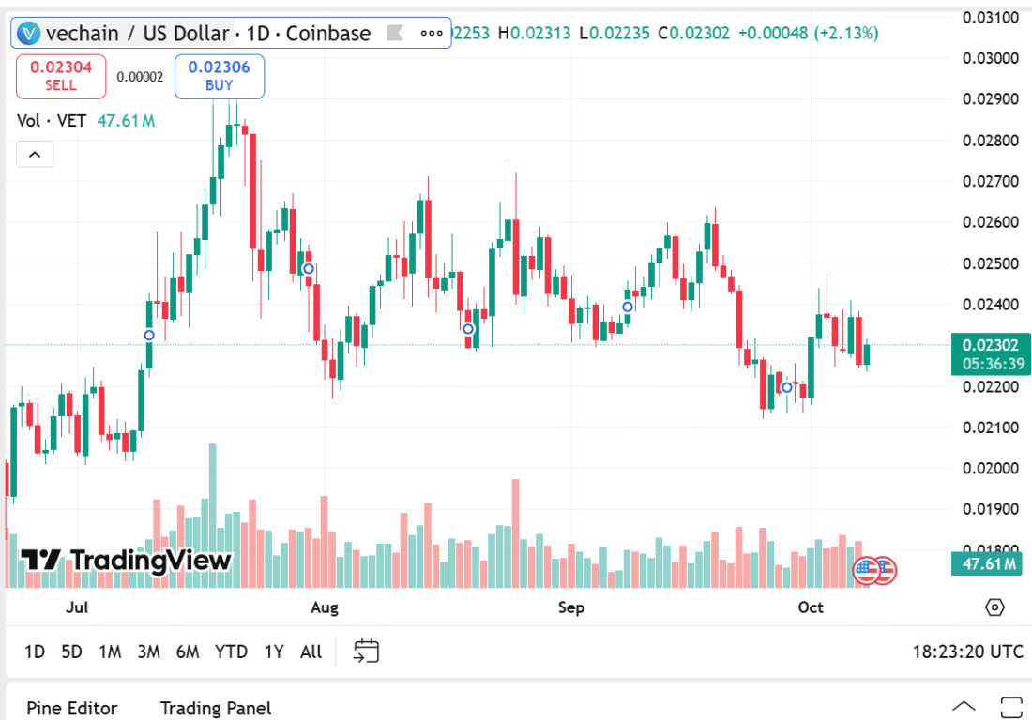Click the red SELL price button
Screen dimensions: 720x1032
[x=61, y=76]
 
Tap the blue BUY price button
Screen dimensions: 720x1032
[x=219, y=76]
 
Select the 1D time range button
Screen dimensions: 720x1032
[x=35, y=652]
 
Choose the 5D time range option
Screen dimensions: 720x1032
[x=71, y=652]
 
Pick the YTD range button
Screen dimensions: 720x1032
[x=231, y=652]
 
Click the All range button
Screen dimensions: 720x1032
[x=311, y=652]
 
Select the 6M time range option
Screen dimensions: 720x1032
[x=188, y=652]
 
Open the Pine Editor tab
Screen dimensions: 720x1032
[x=72, y=708]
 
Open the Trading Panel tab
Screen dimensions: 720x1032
[x=216, y=708]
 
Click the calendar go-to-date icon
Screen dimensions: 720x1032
[x=366, y=651]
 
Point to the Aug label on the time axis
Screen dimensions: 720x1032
[x=325, y=607]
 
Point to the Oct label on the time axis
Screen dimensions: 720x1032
[x=811, y=607]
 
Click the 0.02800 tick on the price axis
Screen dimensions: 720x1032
[x=992, y=141]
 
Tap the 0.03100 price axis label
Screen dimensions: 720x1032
[x=992, y=17]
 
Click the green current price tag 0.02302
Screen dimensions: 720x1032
[x=992, y=345]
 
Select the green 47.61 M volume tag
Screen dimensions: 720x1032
[x=991, y=563]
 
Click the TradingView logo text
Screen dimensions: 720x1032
[x=127, y=561]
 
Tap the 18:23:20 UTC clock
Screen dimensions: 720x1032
[x=967, y=652]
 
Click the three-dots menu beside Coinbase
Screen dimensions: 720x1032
[x=432, y=34]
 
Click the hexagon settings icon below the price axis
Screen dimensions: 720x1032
[x=994, y=607]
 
